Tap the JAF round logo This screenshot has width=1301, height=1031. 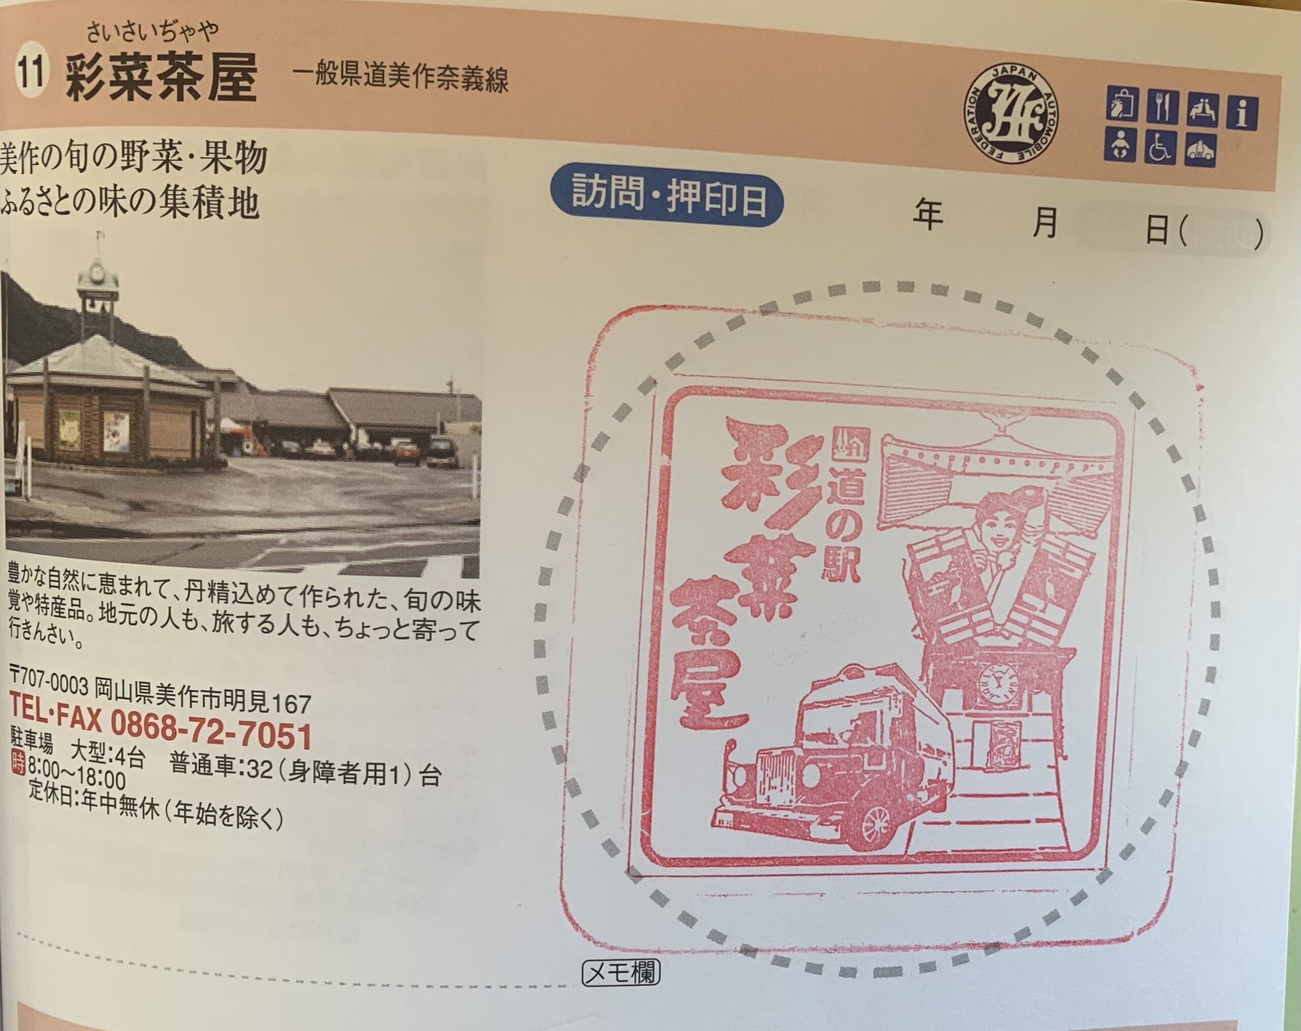tap(1011, 115)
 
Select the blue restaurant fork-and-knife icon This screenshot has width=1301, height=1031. tap(1162, 107)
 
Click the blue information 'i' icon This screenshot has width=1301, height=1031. tap(1242, 112)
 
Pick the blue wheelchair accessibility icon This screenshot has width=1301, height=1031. tap(1160, 147)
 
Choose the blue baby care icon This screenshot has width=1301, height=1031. tap(1121, 144)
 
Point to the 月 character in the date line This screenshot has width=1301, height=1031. tap(1046, 222)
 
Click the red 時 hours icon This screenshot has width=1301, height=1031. tap(18, 762)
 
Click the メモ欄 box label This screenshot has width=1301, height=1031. tap(621, 973)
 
